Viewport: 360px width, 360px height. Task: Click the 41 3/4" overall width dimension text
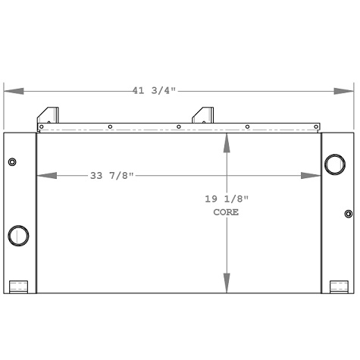coord(154,91)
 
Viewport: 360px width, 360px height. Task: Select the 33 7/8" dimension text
coord(111,176)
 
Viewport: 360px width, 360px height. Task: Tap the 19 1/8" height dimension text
coord(226,199)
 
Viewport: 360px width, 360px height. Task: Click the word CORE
coord(226,213)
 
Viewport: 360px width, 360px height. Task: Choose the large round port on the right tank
coord(333,164)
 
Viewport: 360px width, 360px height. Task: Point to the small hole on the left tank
coord(12,162)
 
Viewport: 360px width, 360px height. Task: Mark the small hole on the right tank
coord(349,214)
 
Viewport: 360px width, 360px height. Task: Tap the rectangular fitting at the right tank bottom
coord(338,286)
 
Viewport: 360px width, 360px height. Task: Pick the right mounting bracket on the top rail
coord(203,114)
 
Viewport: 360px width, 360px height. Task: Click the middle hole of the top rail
coord(178,127)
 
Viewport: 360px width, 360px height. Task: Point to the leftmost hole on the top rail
coord(43,127)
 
